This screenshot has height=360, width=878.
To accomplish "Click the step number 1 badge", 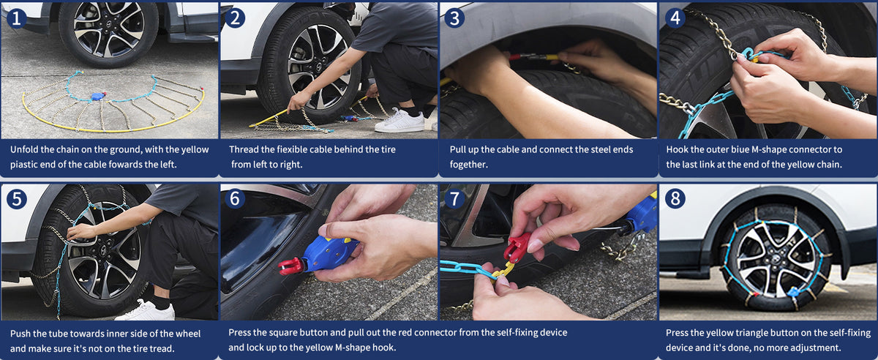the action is click(x=16, y=19).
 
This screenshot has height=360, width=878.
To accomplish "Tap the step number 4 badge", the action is click(x=675, y=18).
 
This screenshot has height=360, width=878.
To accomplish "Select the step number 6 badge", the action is click(x=235, y=198).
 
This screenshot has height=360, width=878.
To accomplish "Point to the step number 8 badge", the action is click(x=675, y=199).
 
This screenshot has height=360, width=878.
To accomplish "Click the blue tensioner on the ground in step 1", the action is click(x=98, y=96).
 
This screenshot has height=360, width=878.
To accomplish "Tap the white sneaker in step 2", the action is click(x=399, y=121).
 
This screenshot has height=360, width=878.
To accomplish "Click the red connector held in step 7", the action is click(x=517, y=247).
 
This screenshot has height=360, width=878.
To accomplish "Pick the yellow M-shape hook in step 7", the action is click(x=503, y=270).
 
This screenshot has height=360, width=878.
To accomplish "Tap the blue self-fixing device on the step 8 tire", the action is click(x=794, y=292).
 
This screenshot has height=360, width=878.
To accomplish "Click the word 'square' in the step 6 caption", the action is click(x=285, y=333).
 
